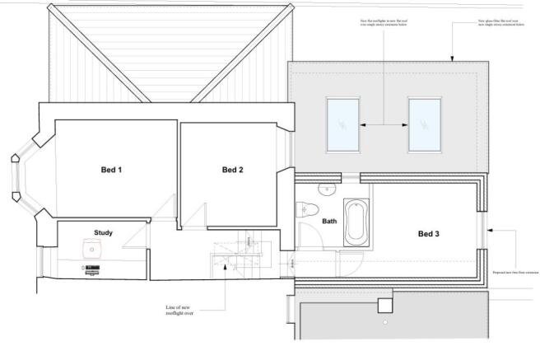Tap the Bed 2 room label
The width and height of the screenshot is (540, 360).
click(x=233, y=171)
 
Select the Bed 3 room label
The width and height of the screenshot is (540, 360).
click(x=429, y=234)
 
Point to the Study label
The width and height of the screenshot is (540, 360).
click(x=104, y=232)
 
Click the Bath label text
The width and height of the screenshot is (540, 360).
click(x=329, y=221)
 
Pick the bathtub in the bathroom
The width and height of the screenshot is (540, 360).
click(x=355, y=220)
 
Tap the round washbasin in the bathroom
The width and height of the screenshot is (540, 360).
click(x=328, y=189)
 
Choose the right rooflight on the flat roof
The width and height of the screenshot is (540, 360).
click(x=424, y=124)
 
